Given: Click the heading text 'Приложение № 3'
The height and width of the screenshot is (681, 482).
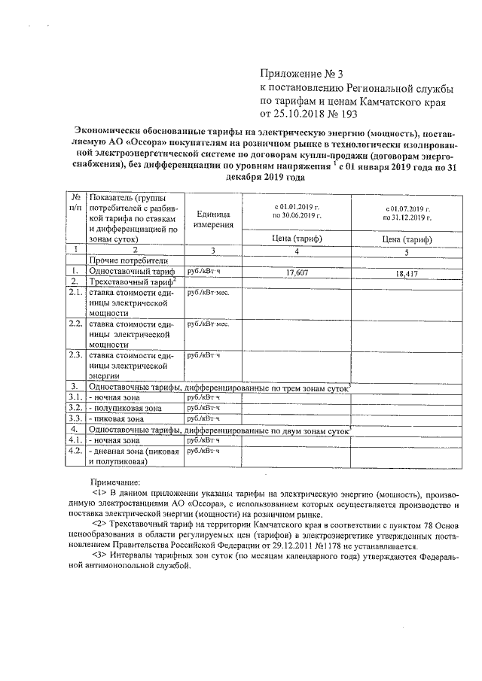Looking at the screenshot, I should (x=300, y=74).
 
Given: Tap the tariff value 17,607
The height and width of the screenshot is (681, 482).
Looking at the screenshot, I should (x=298, y=274).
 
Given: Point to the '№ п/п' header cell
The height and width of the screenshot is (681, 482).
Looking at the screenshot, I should (x=75, y=202).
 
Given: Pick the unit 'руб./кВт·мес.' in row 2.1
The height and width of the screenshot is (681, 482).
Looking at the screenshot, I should (x=208, y=291).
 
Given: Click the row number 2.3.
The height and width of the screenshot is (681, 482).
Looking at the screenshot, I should (x=75, y=354).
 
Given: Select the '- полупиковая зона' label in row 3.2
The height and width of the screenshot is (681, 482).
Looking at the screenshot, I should (x=125, y=407).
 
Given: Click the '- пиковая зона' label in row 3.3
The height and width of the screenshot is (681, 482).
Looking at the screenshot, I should (x=118, y=418).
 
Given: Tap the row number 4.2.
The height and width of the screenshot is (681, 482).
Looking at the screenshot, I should (x=75, y=451).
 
